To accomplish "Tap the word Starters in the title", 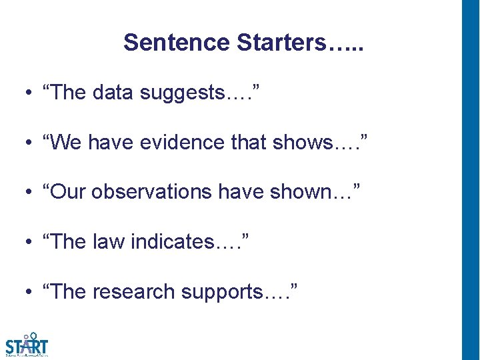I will [281, 43].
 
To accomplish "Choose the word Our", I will [68, 192].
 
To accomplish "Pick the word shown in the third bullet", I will [308, 192].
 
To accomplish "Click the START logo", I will [27, 344].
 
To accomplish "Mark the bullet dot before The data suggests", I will [31, 93].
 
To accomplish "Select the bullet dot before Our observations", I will [31, 193].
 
